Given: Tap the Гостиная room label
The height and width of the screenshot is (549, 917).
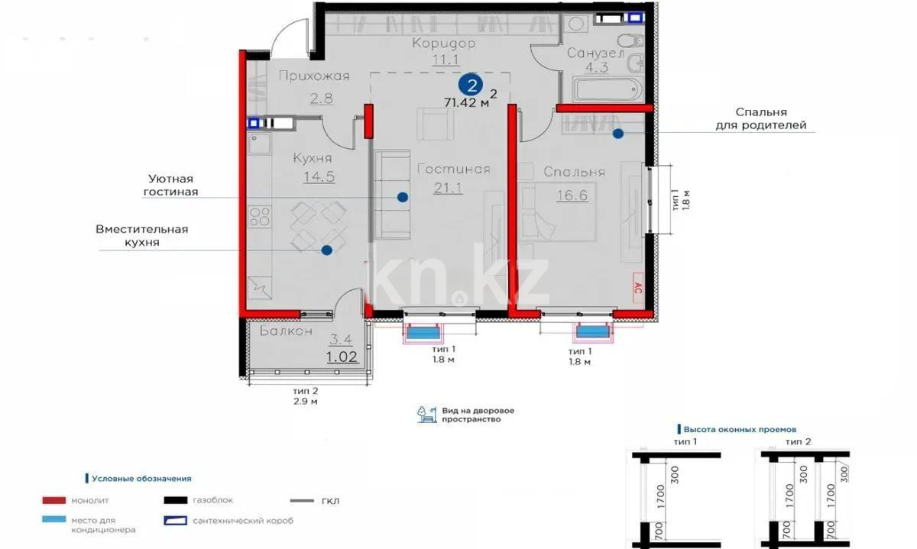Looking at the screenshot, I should pyautogui.click(x=453, y=170).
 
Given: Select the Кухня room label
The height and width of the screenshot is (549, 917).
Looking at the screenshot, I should pyautogui.click(x=313, y=158).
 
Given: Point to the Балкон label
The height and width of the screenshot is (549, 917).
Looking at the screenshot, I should pyautogui.click(x=286, y=331).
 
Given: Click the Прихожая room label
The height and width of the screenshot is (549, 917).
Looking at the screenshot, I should pyautogui.click(x=313, y=76).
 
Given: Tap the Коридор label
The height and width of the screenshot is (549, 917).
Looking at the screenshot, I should pyautogui.click(x=443, y=44).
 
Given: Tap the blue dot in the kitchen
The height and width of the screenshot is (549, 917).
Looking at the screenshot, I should pyautogui.click(x=326, y=250).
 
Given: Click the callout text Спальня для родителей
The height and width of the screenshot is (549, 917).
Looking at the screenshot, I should pyautogui.click(x=760, y=118).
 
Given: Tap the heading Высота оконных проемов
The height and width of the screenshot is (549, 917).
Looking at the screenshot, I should pyautogui.click(x=740, y=429).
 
